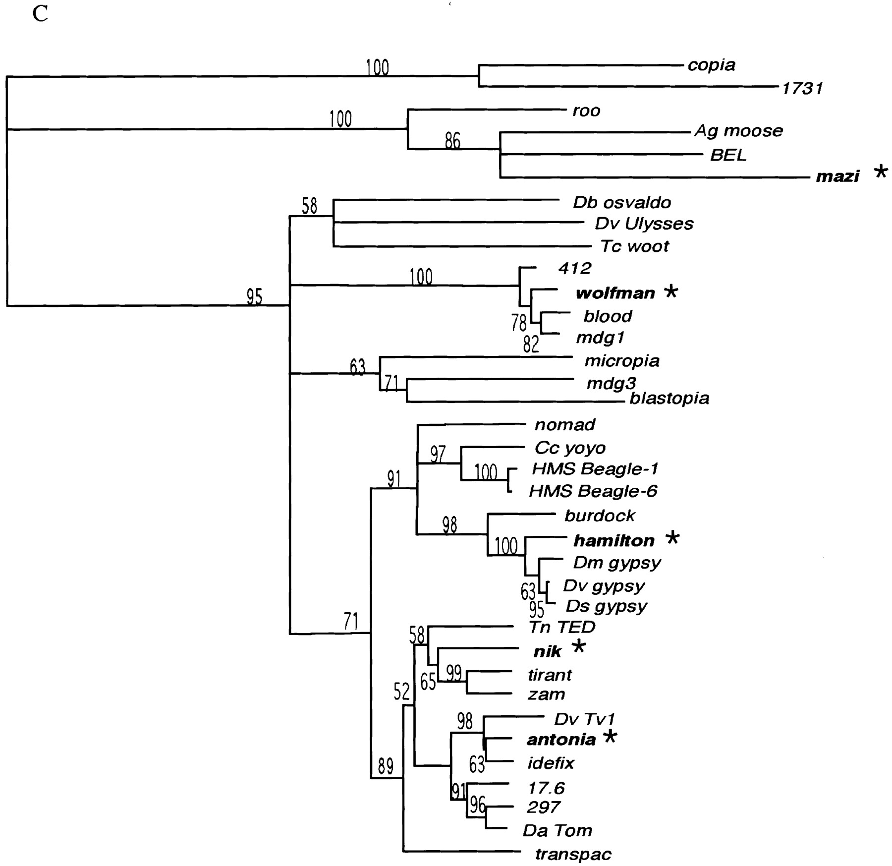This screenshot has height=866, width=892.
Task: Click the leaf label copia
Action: (711, 65)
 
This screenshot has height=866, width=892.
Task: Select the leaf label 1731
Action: (802, 89)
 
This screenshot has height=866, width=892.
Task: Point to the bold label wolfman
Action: (615, 293)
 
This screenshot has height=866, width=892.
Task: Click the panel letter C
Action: (40, 14)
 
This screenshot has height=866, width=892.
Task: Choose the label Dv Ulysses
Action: (644, 224)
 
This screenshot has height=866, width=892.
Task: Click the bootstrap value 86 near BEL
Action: (452, 141)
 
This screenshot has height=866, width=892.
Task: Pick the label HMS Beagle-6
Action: (593, 491)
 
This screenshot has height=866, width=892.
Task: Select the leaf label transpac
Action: (573, 854)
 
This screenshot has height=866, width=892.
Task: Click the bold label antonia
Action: (561, 740)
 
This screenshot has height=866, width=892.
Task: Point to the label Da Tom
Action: (557, 830)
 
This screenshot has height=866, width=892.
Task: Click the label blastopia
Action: (669, 399)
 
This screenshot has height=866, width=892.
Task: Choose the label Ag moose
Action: (738, 131)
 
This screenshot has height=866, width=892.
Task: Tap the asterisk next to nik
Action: (578, 646)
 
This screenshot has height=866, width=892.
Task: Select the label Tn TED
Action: (561, 627)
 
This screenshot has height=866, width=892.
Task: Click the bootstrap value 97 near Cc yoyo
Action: (438, 454)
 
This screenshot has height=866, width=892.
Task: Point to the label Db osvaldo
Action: (622, 202)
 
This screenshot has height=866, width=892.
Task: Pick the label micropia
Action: (621, 361)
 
